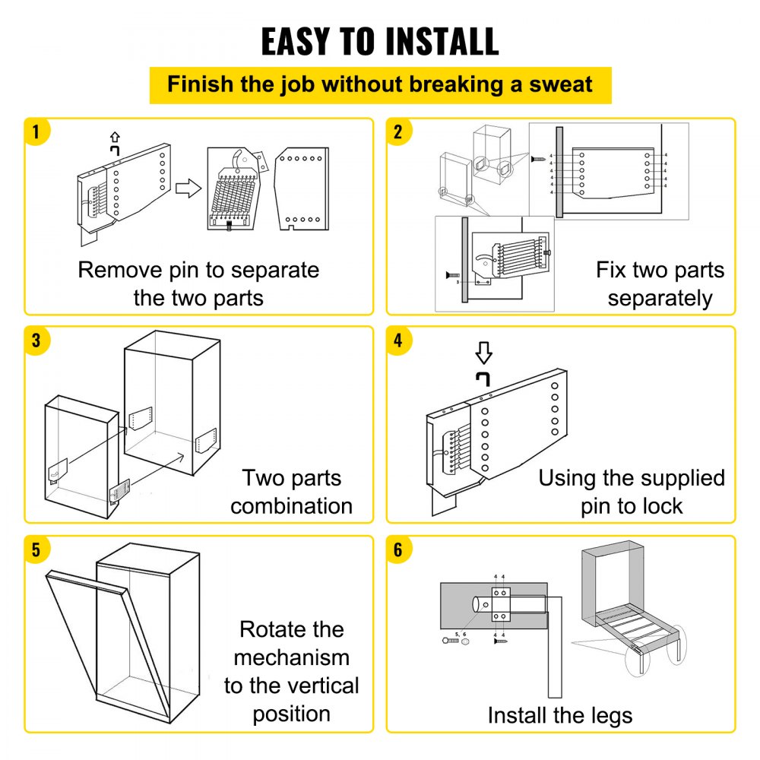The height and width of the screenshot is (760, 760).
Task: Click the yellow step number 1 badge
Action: (x=36, y=131)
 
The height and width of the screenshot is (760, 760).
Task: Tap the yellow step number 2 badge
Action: (x=397, y=131)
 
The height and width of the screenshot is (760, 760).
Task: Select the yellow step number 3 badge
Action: (x=36, y=340)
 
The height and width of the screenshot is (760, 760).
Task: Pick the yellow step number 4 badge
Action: (x=397, y=340)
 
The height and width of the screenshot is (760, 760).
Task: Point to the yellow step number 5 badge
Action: (x=36, y=549)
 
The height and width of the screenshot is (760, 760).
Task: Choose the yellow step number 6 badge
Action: (x=397, y=549)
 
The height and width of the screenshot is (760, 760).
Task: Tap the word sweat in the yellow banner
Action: (x=557, y=84)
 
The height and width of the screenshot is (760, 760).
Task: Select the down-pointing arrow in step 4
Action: (x=483, y=353)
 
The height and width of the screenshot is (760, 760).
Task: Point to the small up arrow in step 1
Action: (x=116, y=137)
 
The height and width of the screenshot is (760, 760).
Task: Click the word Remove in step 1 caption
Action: (x=121, y=270)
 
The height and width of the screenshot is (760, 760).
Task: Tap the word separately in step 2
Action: (x=660, y=298)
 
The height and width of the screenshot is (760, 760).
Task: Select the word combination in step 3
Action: (x=291, y=505)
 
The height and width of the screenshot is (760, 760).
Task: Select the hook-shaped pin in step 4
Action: (x=483, y=378)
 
